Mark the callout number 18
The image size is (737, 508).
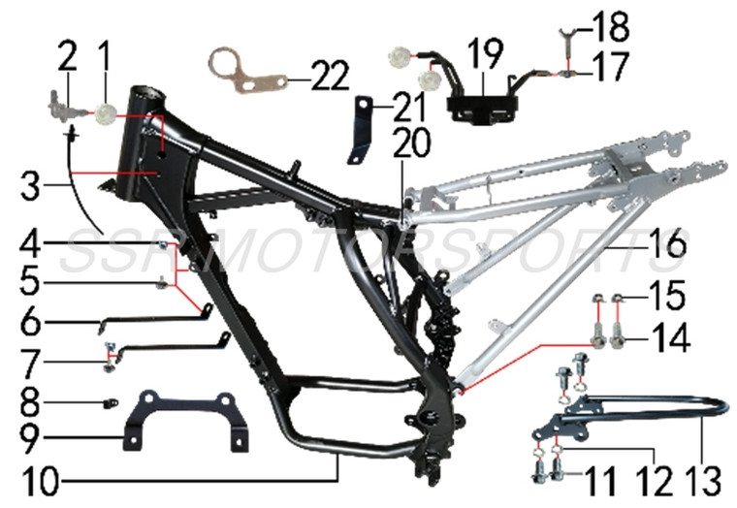(x=612, y=24)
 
